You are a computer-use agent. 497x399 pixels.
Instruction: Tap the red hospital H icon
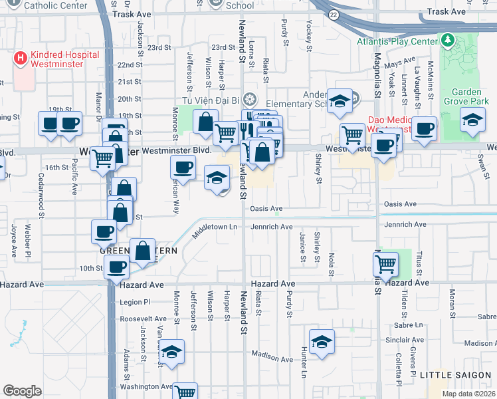[20, 59]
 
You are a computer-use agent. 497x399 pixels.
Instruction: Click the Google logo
[22, 391]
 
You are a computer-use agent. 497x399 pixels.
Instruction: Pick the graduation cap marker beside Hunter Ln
[322, 341]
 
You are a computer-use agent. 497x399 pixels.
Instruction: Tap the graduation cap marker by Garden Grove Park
[472, 120]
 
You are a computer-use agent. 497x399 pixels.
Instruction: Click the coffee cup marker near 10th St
[117, 267]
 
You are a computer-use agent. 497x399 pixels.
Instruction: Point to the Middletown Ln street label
[215, 231]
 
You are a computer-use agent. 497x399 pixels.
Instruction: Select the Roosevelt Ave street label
[146, 319]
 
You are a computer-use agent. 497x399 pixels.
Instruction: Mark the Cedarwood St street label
[41, 197]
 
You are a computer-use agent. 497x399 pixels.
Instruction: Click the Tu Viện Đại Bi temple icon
[249, 100]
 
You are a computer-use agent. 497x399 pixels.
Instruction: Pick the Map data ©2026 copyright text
[468, 394]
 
